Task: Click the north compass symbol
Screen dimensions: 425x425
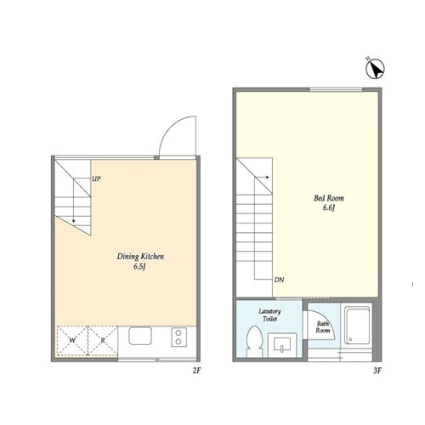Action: click(x=375, y=69)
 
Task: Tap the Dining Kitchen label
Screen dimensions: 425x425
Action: click(x=140, y=257)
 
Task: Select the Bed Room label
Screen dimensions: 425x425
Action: click(x=329, y=198)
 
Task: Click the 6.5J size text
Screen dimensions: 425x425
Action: click(x=139, y=267)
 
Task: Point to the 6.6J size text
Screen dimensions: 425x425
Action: click(x=329, y=207)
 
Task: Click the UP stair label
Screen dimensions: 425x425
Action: click(x=96, y=178)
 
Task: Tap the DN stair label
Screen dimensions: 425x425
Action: click(x=279, y=280)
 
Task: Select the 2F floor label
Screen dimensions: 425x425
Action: click(x=196, y=371)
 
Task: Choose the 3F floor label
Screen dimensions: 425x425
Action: click(x=377, y=371)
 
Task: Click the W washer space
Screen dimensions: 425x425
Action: click(x=72, y=341)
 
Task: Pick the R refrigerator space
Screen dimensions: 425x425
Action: click(x=103, y=341)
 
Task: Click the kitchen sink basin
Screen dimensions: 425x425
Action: click(x=140, y=336)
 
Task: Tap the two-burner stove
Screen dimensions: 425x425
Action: click(x=178, y=337)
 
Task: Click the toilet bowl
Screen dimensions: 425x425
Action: click(x=254, y=341)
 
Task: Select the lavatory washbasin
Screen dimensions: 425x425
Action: click(x=282, y=344)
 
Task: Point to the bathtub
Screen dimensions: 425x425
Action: click(x=357, y=326)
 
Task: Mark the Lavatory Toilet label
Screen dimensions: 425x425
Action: click(x=269, y=315)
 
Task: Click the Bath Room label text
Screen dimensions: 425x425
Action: click(x=323, y=327)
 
